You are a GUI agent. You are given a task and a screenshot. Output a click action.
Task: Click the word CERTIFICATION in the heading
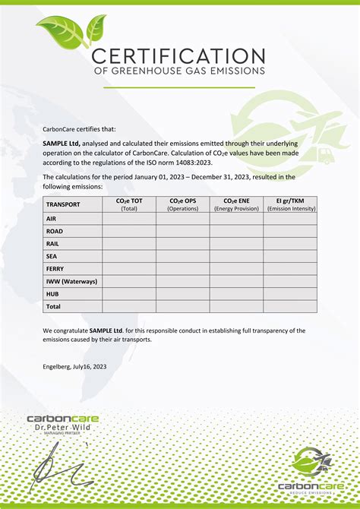click(178, 55)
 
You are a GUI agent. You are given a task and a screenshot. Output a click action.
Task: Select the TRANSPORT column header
click(63, 204)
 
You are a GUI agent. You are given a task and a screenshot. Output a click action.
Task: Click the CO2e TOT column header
click(129, 204)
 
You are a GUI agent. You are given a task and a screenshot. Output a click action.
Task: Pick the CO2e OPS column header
click(183, 204)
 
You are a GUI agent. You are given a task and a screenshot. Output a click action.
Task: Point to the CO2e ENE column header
click(236, 204)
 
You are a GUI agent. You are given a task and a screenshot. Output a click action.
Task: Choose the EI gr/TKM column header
click(290, 204)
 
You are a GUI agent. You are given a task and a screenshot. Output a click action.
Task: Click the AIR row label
click(52, 218)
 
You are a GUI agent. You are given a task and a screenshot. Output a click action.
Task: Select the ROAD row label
click(55, 231)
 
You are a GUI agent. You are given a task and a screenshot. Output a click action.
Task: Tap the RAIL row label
click(52, 243)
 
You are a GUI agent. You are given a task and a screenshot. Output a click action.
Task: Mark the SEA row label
click(52, 256)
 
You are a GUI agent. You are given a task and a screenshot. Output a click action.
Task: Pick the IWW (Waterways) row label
click(71, 281)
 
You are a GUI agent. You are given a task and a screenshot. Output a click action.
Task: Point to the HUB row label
click(52, 293)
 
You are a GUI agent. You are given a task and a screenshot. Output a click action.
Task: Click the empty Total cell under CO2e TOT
click(129, 306)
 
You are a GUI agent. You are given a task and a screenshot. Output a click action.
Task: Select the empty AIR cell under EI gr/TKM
click(290, 218)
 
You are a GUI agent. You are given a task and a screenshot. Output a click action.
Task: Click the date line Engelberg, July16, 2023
click(74, 366)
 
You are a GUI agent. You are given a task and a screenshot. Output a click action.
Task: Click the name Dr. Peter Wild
click(62, 428)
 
